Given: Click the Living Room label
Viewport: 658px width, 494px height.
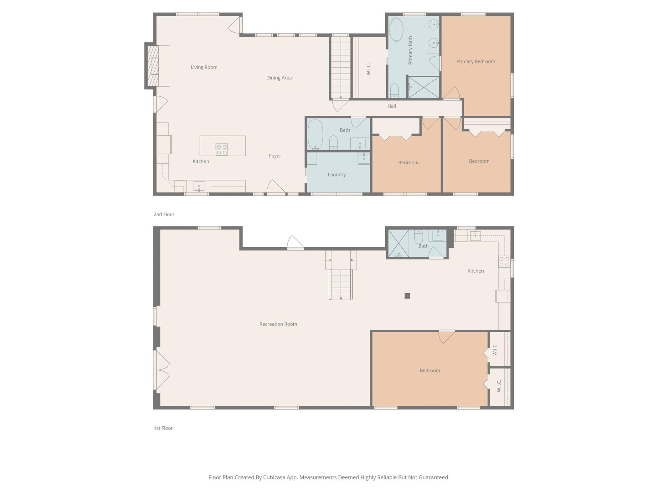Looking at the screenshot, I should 204,67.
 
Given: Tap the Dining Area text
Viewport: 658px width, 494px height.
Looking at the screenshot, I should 279,78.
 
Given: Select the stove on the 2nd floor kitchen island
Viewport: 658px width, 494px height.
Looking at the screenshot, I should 222,149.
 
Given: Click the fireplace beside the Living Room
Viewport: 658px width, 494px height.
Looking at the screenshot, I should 153,66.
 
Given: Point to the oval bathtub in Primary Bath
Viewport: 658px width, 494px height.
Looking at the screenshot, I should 396,30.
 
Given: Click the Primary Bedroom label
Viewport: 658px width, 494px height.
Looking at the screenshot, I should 475,61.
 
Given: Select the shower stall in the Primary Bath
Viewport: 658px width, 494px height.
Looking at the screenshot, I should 424,87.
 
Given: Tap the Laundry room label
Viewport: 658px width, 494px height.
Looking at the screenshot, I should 337,175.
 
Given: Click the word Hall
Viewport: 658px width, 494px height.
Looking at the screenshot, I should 391,106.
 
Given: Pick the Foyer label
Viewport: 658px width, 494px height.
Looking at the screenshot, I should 275,156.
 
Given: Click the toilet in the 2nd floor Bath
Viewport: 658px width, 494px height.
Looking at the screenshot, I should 333,142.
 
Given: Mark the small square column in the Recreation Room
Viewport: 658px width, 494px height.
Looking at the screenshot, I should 407,296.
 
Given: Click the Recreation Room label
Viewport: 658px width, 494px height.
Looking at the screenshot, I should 278,324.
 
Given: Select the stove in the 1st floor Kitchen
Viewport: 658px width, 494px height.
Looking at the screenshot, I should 504,261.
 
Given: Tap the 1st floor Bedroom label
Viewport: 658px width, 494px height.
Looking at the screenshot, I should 429,370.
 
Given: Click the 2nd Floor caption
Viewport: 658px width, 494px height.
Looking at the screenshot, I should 164,214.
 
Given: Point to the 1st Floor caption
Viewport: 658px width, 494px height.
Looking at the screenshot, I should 163,428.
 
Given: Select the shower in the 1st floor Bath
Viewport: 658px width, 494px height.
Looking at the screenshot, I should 398,244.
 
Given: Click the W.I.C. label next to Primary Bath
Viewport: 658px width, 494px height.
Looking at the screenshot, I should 368,69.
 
